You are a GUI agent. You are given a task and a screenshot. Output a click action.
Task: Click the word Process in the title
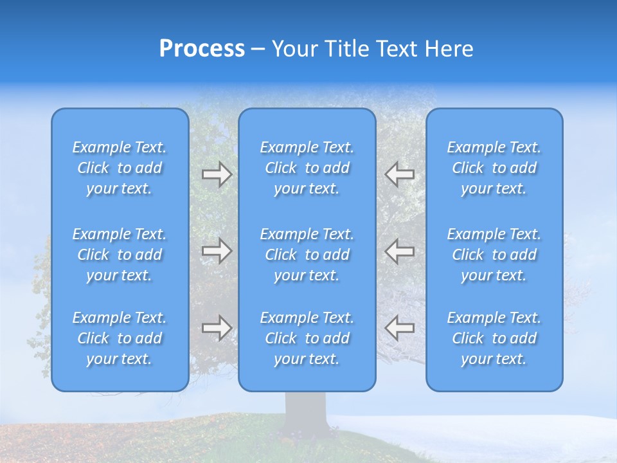[x=202, y=49]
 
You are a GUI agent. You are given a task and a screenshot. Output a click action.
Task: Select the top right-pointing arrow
[x=217, y=174]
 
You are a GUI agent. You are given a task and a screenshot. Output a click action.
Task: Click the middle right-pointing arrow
[x=217, y=250]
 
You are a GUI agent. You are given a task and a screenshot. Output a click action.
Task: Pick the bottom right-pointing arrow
[x=217, y=327]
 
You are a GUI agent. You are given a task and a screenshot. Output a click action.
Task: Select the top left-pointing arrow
[x=399, y=174]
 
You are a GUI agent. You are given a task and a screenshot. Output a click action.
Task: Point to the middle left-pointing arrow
[x=399, y=250]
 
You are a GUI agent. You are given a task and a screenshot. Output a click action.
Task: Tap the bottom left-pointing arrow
[x=399, y=327]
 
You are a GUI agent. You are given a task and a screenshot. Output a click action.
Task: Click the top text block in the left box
[x=120, y=168]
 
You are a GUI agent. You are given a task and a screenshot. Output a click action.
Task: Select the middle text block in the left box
[x=120, y=255]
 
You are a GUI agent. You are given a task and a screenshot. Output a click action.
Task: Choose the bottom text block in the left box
[x=120, y=338]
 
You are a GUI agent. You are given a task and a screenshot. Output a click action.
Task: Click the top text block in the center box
[x=307, y=168]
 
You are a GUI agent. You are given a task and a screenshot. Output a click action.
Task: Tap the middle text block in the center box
[x=307, y=255]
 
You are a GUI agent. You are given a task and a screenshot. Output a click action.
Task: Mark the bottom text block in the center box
[x=307, y=338]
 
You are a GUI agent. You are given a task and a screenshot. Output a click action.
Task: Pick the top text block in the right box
[x=494, y=168]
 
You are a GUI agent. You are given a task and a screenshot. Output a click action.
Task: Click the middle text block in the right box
[x=494, y=255]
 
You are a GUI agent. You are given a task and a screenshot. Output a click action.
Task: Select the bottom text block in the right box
[x=494, y=338]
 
